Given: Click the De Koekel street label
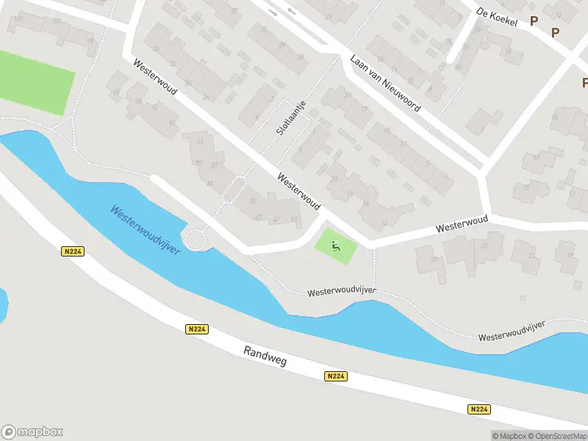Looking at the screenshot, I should pos(497,17).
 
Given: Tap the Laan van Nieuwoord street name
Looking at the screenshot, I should pos(385,84).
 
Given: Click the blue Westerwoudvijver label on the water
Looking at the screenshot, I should pos(146,229).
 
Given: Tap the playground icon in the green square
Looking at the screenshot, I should pos(336,246).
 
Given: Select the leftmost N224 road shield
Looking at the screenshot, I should pos(73,251).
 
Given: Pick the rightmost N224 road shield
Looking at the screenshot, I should pos(478,409).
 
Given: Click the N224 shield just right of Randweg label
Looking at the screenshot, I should pos(335,376).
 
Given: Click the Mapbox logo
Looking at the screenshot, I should pos(32,432).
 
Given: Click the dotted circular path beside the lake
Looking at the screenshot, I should pos(196,240).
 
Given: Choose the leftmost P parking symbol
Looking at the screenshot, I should pos(534,22).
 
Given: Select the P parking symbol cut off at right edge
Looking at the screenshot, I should pos(585,82).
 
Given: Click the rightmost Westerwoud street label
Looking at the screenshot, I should pos(462,224).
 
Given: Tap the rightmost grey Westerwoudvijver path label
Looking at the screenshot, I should pos(512,332).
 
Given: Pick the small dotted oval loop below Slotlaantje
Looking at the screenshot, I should pos(234,190).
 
